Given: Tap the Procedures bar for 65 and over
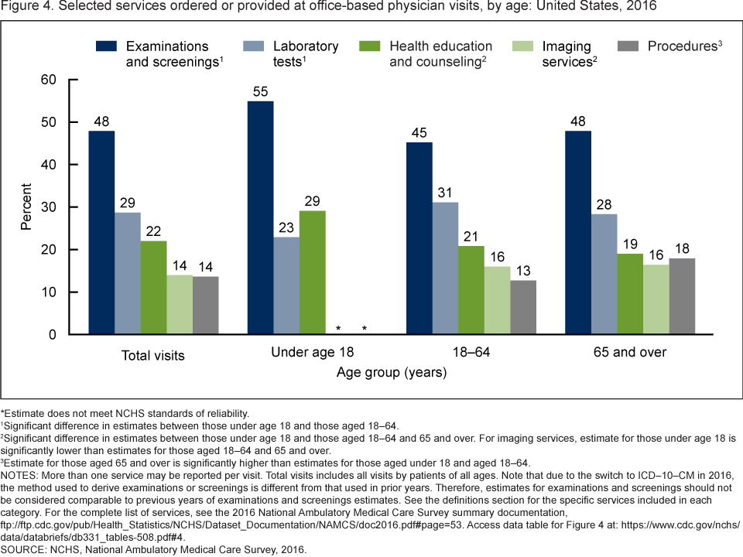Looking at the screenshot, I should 682,296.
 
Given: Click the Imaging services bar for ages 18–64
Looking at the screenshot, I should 498,301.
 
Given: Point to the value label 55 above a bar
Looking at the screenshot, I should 261,92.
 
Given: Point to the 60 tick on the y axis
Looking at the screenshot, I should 49,80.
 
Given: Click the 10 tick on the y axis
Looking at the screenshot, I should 49,292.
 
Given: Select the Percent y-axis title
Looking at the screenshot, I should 26,207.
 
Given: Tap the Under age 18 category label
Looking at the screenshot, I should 313,354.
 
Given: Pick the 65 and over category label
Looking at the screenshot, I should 631,354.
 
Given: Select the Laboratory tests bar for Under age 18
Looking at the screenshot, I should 286,286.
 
